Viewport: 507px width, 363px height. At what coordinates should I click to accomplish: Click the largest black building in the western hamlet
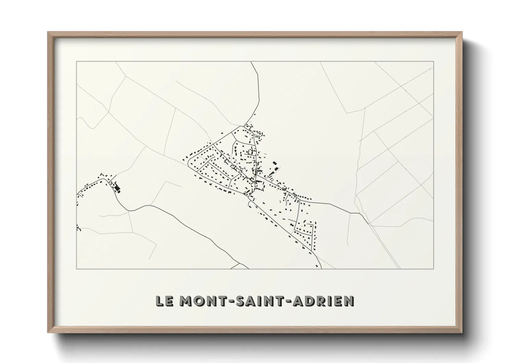click(117, 188)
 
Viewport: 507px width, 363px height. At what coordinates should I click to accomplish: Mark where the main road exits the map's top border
click(251, 62)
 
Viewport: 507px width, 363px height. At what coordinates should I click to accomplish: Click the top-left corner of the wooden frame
click(48, 32)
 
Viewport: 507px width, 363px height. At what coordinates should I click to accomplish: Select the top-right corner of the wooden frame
click(462, 32)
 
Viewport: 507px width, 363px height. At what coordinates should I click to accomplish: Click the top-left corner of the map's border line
click(77, 61)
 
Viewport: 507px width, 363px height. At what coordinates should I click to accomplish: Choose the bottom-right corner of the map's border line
click(434, 269)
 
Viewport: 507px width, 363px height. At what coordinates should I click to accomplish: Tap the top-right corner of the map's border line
click(434, 61)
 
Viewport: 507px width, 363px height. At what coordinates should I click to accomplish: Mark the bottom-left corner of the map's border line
click(77, 269)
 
